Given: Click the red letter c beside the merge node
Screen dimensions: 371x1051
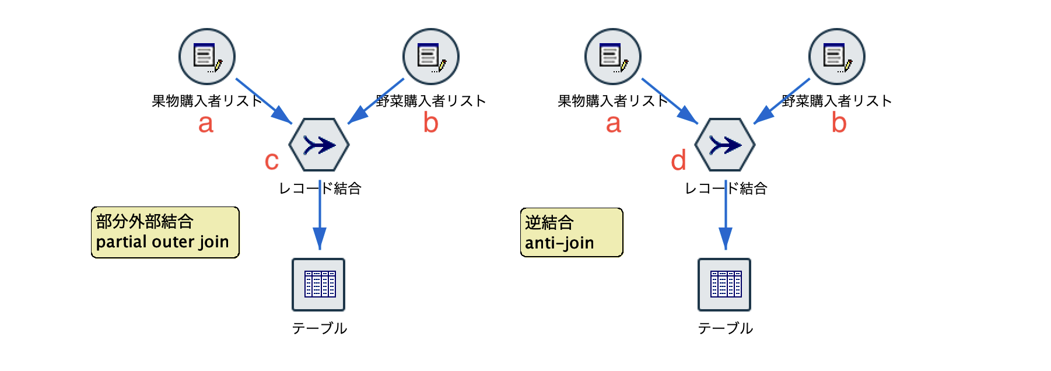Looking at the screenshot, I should click(x=272, y=161).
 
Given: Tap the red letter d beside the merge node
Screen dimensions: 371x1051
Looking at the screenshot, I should click(x=678, y=160).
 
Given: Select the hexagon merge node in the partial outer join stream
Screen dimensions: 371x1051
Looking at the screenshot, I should click(x=319, y=145).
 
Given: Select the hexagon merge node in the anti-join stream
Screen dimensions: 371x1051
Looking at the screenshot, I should click(x=725, y=145).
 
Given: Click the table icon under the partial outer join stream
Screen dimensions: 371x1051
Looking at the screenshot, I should click(x=319, y=285).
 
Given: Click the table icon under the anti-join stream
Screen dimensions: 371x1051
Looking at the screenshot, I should click(x=725, y=285).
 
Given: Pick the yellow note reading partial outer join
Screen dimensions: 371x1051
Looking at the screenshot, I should click(x=165, y=232).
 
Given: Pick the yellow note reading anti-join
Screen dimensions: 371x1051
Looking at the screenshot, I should click(x=572, y=232).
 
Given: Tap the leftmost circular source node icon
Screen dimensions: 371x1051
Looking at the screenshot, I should click(x=207, y=57).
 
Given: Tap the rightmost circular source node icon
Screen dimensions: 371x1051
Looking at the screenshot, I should click(x=837, y=57).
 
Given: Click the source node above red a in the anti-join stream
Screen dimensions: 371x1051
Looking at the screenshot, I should click(x=613, y=57).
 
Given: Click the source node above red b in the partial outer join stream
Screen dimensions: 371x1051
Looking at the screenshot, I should click(x=431, y=57).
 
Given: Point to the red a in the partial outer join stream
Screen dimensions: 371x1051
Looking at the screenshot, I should click(x=206, y=124).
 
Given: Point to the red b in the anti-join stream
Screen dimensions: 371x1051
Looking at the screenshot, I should click(x=839, y=123).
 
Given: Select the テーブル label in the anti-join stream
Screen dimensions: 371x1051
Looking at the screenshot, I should click(x=725, y=328).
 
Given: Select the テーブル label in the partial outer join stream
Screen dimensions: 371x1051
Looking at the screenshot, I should click(x=319, y=328).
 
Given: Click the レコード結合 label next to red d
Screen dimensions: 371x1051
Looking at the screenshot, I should click(x=725, y=188).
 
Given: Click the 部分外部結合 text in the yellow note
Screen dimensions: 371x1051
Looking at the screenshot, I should click(x=145, y=222).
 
